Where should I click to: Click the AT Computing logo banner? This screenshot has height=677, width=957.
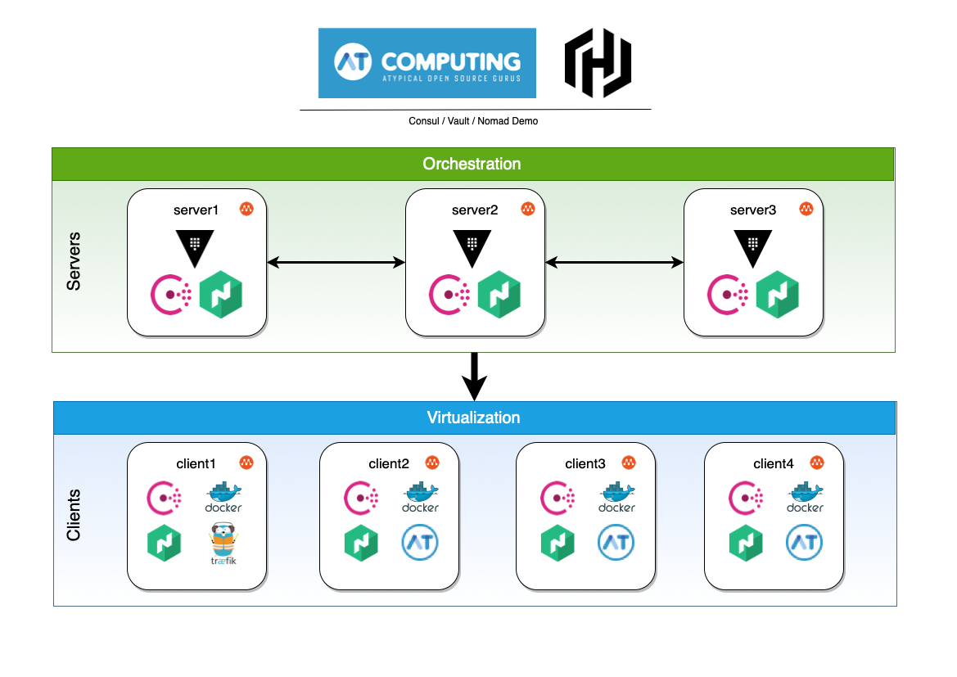[427, 63]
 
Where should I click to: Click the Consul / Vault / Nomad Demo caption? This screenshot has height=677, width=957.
[473, 121]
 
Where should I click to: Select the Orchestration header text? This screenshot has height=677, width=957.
[472, 164]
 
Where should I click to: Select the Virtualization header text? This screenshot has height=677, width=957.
[473, 417]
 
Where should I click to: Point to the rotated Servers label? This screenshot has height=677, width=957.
[74, 261]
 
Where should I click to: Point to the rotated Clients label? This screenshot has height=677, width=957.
[74, 515]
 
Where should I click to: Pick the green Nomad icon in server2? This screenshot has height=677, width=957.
[499, 294]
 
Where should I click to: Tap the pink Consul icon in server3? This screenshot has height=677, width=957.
[727, 294]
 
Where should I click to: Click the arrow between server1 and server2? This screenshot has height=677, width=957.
[336, 262]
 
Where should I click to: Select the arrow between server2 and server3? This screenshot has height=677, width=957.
[614, 262]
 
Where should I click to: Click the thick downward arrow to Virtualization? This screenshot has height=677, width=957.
[474, 377]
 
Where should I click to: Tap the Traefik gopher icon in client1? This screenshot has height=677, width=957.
[223, 543]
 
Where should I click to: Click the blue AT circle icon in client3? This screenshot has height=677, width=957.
[616, 543]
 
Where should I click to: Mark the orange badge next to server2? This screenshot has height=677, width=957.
[528, 209]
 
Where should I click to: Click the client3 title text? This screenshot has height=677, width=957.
[585, 463]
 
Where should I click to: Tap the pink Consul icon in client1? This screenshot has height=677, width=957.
[164, 497]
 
